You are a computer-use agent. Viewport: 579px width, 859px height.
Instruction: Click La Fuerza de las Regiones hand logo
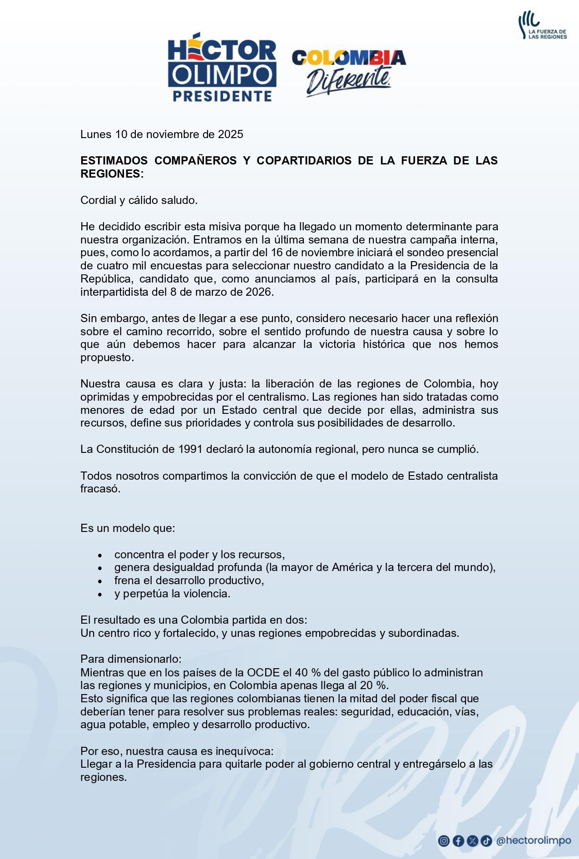coord(542,26)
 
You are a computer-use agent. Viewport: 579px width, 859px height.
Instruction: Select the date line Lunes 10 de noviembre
coord(162,134)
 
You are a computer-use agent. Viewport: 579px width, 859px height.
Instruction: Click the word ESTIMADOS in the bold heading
coord(114,160)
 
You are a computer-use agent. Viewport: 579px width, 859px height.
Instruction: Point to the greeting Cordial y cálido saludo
coord(139,200)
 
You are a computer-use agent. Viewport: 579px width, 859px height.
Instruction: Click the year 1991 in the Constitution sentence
coord(190,449)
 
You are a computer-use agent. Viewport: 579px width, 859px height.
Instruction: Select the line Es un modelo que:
coord(128,528)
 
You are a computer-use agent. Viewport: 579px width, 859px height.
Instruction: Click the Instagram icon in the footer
coord(444,841)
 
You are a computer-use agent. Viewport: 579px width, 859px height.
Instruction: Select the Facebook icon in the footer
coord(458,841)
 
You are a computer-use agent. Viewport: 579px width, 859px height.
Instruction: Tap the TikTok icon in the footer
coord(486,841)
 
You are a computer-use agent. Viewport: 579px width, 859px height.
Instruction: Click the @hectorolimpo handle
coord(533,841)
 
